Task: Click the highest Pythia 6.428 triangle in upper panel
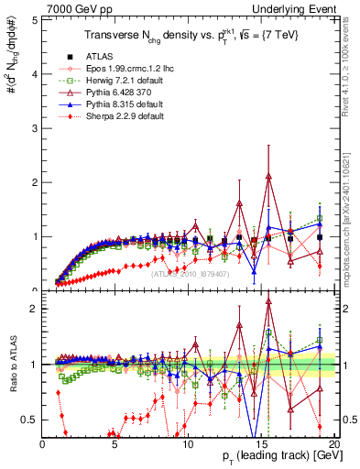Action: click(268, 176)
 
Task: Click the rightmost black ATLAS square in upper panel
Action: click(319, 236)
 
